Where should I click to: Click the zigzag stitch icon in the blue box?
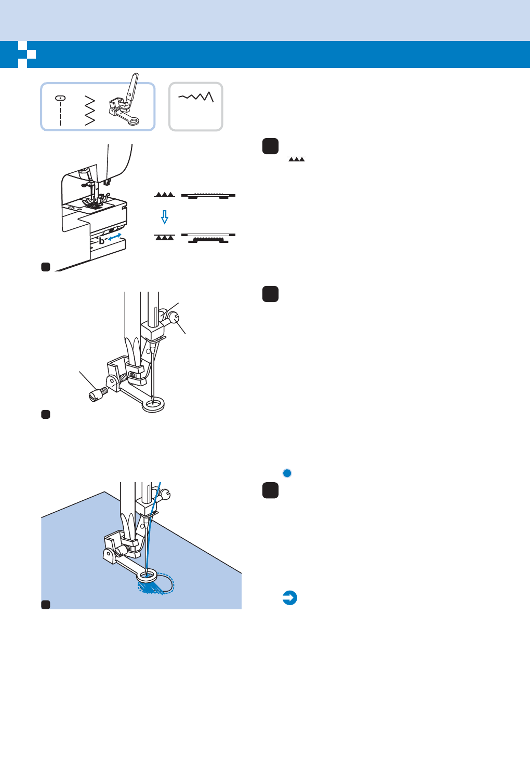[x=89, y=110]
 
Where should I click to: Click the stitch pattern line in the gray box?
[x=196, y=97]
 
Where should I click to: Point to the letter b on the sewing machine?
[x=102, y=241]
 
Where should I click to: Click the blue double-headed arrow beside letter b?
[x=115, y=237]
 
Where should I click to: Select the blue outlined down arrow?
[x=165, y=216]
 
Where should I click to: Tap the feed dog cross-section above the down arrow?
[x=208, y=196]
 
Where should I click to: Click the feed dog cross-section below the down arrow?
[x=208, y=238]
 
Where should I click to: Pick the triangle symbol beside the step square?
[x=296, y=159]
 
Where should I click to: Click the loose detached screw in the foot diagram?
[x=97, y=395]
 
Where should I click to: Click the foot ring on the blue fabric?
[x=148, y=575]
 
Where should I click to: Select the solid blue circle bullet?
[x=287, y=473]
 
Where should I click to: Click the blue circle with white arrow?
[x=290, y=598]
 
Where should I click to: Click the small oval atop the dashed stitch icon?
[x=60, y=98]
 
